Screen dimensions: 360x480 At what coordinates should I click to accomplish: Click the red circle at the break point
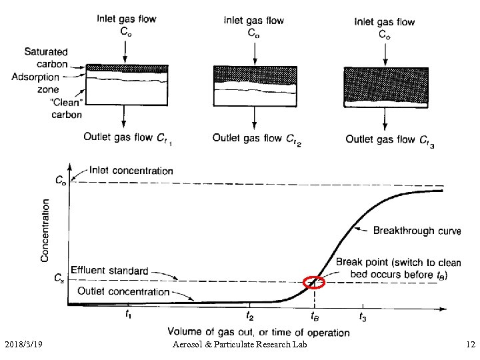tap(313, 282)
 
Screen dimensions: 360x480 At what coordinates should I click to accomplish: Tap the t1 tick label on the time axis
tap(129, 314)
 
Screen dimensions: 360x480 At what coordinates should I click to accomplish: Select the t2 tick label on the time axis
tap(249, 316)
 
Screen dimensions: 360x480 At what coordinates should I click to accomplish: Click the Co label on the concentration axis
tap(60, 179)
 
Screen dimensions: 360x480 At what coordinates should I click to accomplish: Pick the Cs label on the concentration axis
tap(60, 281)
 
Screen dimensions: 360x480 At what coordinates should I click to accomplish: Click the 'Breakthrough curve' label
tap(417, 231)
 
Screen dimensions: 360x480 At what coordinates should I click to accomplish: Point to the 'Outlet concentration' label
tap(123, 291)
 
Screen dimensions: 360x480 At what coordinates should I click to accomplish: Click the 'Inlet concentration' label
tap(131, 171)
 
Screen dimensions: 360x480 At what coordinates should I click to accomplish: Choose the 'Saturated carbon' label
tap(46, 57)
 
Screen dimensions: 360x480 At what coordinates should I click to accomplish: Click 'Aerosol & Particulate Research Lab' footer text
tap(239, 344)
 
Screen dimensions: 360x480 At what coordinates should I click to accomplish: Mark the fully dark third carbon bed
tap(385, 86)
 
